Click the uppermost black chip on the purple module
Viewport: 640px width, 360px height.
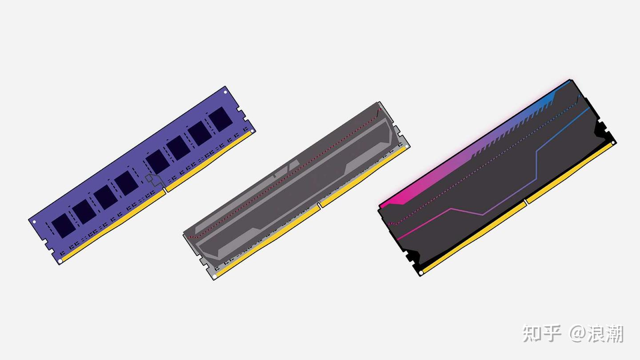point(220,120)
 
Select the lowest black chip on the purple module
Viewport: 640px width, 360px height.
point(64,226)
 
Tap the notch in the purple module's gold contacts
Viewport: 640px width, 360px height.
point(165,190)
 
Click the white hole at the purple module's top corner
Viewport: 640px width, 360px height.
point(225,92)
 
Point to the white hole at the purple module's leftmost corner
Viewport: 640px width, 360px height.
point(35,222)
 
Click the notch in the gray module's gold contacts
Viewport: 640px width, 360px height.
point(319,205)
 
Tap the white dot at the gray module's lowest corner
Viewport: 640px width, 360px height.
point(215,276)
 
